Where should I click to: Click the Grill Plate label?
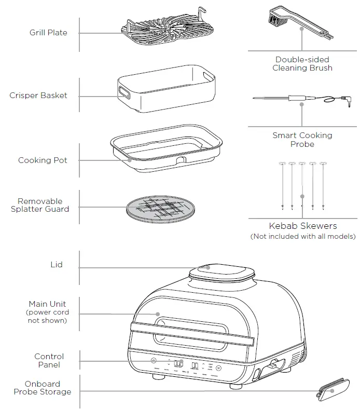[48, 33]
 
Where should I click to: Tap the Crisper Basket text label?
[38, 96]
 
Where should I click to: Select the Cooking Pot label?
[43, 160]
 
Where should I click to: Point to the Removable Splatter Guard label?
[40, 205]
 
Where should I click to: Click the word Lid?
[56, 265]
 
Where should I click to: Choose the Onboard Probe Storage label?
[43, 388]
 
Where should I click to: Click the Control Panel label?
[49, 361]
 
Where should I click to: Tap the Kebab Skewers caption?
[302, 226]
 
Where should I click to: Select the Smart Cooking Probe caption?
[302, 140]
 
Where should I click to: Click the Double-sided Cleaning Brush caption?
[302, 64]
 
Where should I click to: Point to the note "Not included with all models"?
[302, 237]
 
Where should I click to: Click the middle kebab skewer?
[302, 184]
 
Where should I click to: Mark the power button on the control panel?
[153, 361]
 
